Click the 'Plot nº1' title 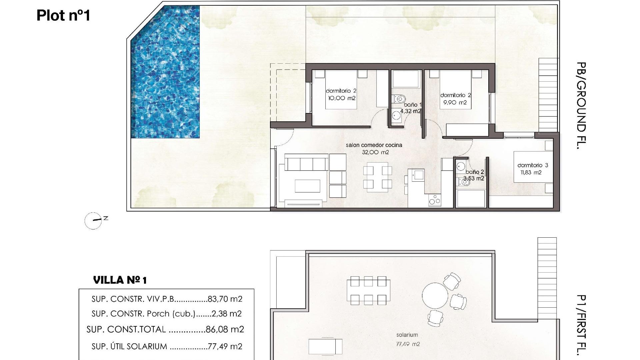[63, 16]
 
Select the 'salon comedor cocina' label [374, 145]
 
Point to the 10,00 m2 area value [342, 98]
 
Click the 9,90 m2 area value [455, 102]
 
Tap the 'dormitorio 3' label [532, 165]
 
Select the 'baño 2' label [475, 172]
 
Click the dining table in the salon [378, 177]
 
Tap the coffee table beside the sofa [307, 186]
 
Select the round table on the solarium [435, 296]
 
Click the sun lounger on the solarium [325, 346]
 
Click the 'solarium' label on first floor [407, 335]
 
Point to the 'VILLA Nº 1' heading [120, 280]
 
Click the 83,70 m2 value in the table [225, 299]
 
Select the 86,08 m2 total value [225, 329]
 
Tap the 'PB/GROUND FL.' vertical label [581, 105]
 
